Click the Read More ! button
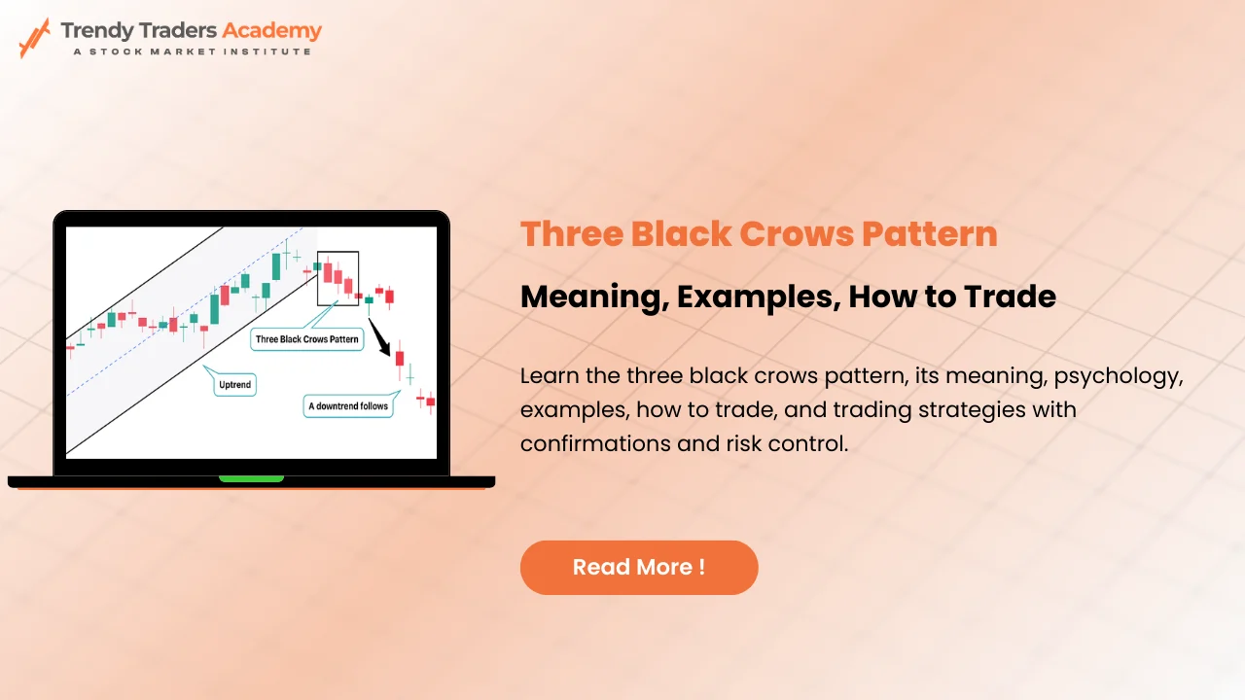point(639,567)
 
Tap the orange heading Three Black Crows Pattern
point(759,234)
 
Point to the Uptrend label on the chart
point(233,385)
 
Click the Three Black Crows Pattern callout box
point(306,339)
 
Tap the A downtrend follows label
point(348,405)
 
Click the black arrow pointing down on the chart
point(380,337)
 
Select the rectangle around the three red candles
point(338,277)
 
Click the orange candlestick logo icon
point(34,36)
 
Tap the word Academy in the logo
point(271,30)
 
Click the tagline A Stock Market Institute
point(192,51)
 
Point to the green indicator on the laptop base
point(251,478)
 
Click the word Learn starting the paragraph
point(548,376)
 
